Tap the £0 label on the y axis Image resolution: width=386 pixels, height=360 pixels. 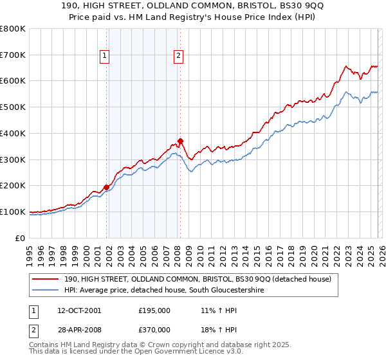[20, 238]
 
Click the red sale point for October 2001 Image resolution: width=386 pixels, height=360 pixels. [106, 187]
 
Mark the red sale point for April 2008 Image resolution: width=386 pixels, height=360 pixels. [181, 141]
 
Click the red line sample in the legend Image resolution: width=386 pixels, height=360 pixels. [45, 279]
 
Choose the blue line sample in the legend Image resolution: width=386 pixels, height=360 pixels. [45, 291]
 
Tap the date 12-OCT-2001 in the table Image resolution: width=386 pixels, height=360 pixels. [79, 310]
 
